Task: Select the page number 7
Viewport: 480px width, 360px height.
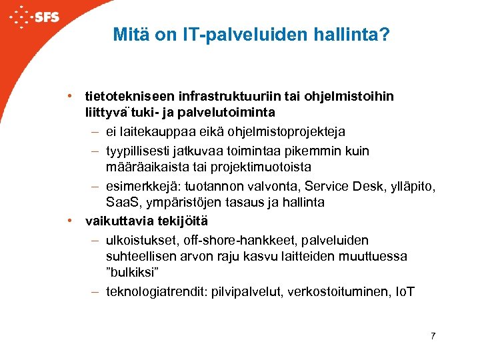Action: [433, 336]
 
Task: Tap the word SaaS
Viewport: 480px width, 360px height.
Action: [120, 202]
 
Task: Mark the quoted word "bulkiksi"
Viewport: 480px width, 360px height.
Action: [131, 271]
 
